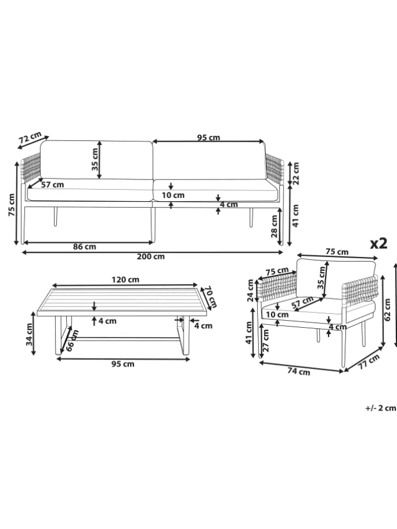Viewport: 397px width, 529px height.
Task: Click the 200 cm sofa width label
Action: [x=151, y=256]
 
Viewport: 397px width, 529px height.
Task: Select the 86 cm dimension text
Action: [x=85, y=247]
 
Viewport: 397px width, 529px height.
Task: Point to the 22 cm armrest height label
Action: [x=296, y=174]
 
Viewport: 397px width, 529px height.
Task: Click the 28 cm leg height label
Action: [x=274, y=227]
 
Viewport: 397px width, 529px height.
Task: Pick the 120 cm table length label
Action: [x=125, y=279]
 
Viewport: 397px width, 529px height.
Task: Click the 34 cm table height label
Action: [x=30, y=334]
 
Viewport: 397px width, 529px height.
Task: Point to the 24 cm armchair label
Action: [x=250, y=290]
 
